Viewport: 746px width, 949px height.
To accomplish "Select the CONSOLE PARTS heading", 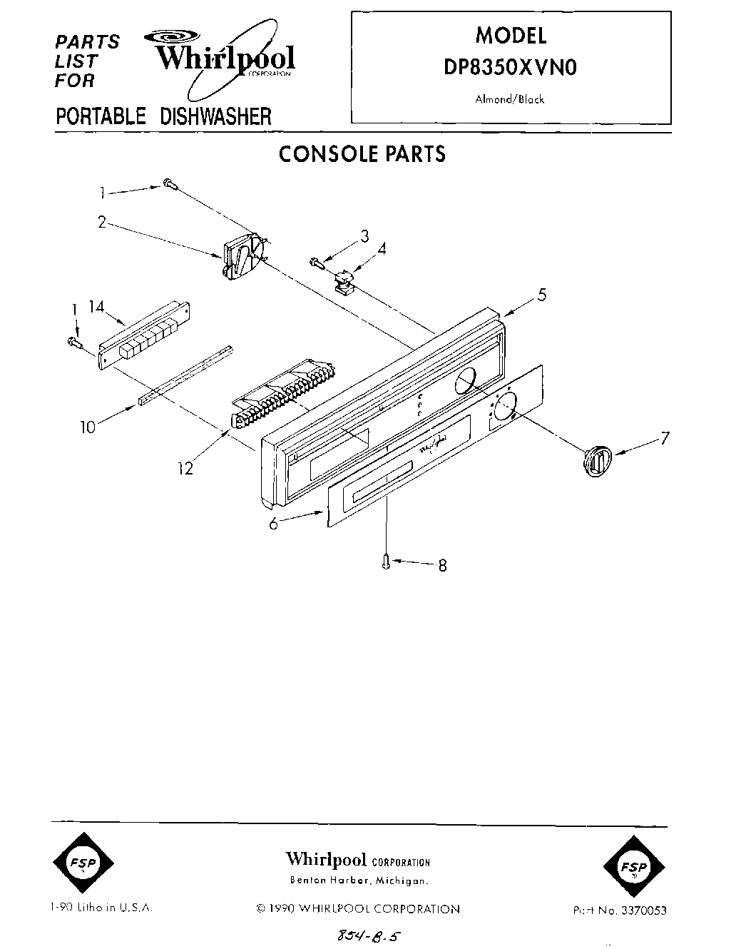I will point(362,154).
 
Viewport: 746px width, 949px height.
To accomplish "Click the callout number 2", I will point(102,222).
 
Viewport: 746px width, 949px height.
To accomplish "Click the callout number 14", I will point(96,307).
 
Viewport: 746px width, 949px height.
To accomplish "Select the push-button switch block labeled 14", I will point(145,335).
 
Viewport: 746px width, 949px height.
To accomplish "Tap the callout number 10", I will point(87,429).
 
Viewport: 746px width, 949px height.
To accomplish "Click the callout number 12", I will point(186,470).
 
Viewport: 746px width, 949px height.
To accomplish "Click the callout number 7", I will point(664,438).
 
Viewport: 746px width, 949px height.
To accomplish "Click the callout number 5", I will point(542,294).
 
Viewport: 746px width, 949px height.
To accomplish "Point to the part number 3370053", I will point(645,910).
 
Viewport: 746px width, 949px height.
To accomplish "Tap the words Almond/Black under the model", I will point(510,100).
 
